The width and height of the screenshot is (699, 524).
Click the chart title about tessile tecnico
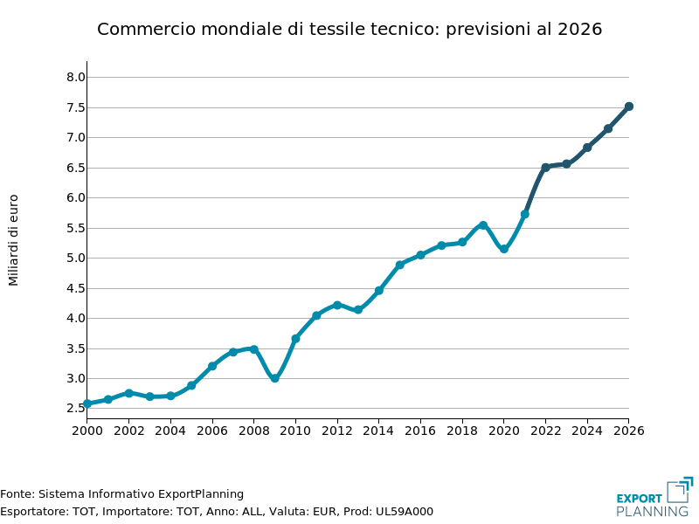(x=349, y=29)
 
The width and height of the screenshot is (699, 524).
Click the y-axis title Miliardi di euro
(x=13, y=239)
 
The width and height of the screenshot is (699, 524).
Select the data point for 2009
(x=274, y=378)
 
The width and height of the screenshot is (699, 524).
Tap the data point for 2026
(x=628, y=107)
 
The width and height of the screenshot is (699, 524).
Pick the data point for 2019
(x=483, y=225)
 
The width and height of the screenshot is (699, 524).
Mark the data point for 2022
(x=545, y=167)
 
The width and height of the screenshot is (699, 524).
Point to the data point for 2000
(x=87, y=403)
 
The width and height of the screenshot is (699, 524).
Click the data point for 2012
(x=337, y=305)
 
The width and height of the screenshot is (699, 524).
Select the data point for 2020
(x=504, y=249)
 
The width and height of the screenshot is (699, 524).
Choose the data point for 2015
(x=399, y=265)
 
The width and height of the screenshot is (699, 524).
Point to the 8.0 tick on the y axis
(x=76, y=77)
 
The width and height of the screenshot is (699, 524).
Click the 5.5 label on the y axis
(x=76, y=228)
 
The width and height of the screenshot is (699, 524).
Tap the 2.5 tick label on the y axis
(x=76, y=409)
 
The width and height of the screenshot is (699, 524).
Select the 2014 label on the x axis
(x=378, y=431)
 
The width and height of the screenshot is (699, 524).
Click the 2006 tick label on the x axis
(x=212, y=431)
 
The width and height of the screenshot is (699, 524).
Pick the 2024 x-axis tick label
(x=587, y=431)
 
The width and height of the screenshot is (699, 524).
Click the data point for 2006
(x=212, y=366)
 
